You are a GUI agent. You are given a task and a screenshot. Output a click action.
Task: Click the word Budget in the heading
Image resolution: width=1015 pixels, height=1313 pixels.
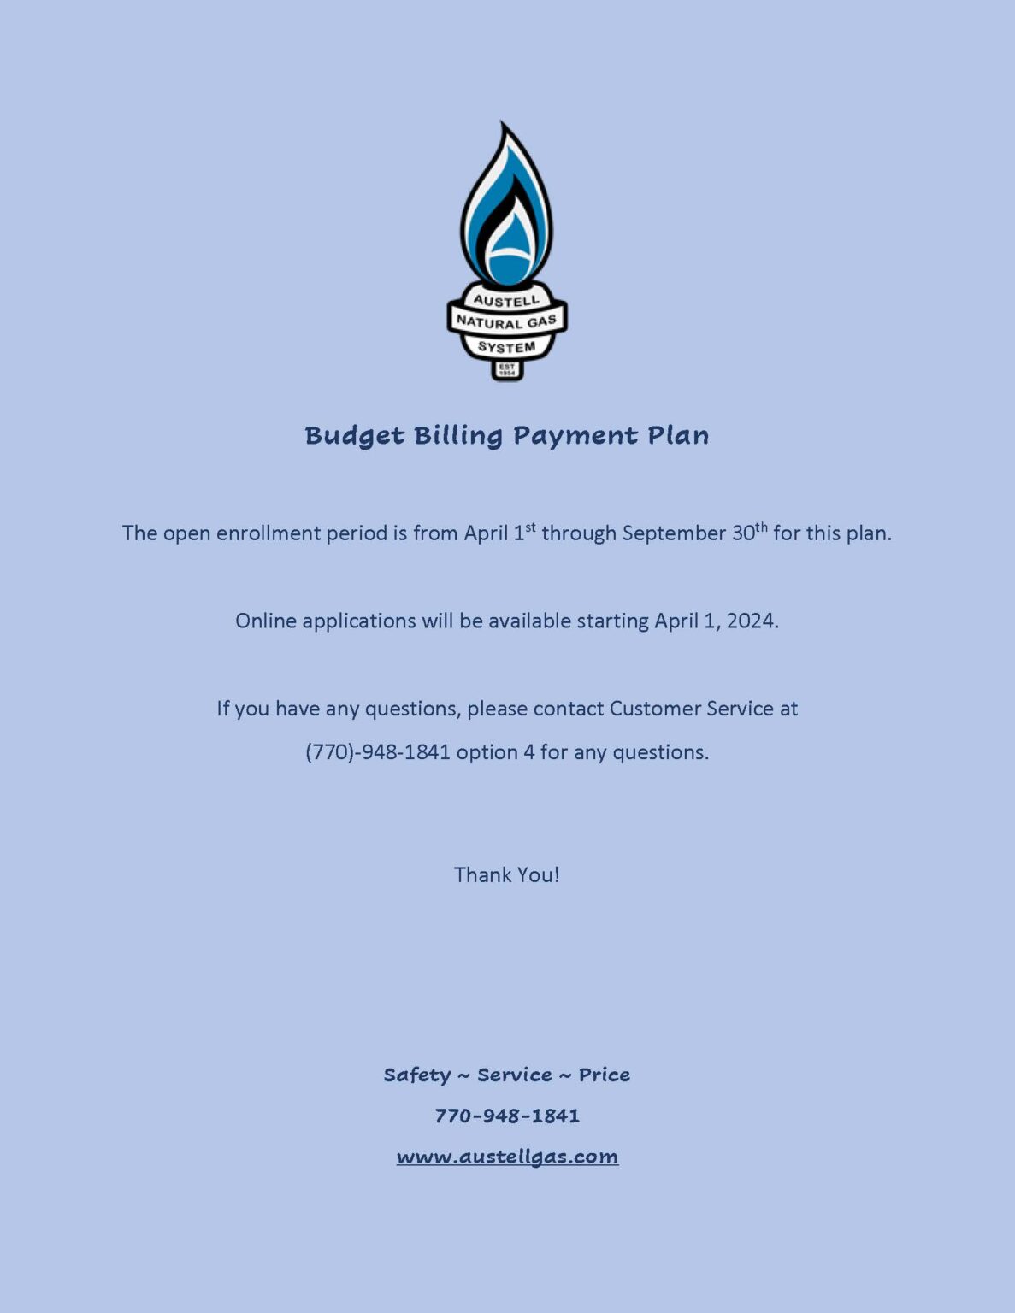(x=354, y=436)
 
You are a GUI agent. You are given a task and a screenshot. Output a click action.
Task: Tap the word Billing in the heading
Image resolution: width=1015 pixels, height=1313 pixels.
(x=457, y=436)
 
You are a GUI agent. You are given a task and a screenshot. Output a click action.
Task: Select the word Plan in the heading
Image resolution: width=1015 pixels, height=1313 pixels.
(x=677, y=435)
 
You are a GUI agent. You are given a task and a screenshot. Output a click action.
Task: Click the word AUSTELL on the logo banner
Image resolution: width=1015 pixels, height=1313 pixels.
(x=506, y=301)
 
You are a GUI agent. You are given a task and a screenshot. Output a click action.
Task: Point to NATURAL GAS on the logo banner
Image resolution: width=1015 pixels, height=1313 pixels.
(x=506, y=322)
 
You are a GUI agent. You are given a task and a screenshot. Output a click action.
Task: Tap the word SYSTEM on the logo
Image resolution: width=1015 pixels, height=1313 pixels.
(x=506, y=347)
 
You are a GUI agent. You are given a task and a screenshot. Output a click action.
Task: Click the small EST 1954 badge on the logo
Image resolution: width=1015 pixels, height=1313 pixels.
(x=506, y=370)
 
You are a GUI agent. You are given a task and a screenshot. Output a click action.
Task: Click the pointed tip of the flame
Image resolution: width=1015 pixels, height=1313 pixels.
(x=502, y=125)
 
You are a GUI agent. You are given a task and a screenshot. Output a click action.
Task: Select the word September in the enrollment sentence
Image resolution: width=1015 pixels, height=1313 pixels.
(x=674, y=533)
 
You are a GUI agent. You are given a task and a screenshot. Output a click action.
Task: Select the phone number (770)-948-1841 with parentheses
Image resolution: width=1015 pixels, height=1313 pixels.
(x=377, y=752)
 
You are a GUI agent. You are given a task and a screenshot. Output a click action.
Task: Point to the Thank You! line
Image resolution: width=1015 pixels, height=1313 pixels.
(x=507, y=874)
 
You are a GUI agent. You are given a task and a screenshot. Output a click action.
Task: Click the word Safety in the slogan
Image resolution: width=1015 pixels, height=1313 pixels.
(x=416, y=1075)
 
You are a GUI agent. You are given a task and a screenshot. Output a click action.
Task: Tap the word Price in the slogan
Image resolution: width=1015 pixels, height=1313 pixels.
(x=604, y=1075)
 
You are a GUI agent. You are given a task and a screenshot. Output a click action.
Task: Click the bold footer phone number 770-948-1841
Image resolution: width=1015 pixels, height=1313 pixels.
(x=507, y=1116)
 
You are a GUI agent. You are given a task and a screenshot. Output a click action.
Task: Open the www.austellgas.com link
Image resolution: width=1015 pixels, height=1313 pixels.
(x=507, y=1157)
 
